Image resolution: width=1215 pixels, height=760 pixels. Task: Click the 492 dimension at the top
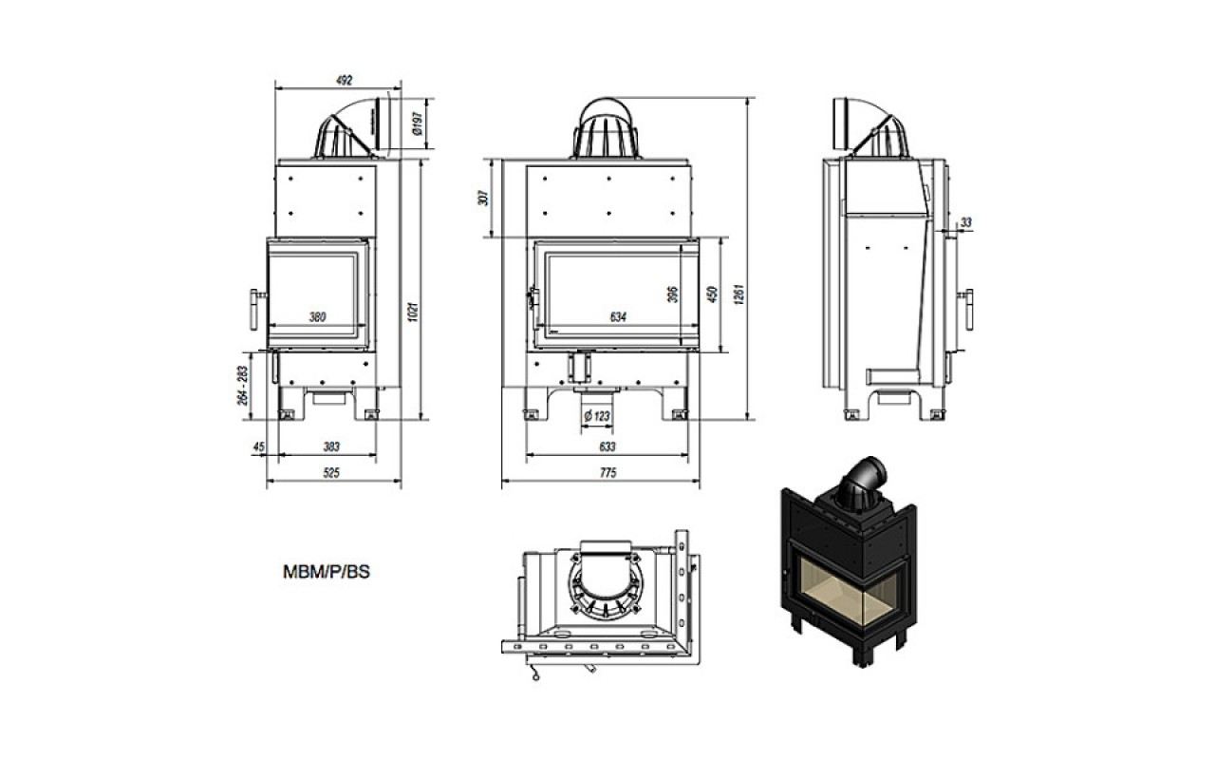pos(345,81)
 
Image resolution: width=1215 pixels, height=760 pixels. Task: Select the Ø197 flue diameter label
pos(417,123)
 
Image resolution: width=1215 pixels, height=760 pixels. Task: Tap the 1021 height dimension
pos(413,312)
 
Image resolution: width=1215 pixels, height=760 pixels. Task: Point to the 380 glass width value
pos(317,316)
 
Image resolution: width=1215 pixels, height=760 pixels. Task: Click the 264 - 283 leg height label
pos(242,386)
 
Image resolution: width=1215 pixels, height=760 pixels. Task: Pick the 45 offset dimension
pos(259,446)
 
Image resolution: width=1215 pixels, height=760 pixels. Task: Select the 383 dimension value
pos(331,446)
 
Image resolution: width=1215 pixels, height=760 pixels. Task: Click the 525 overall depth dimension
pos(331,473)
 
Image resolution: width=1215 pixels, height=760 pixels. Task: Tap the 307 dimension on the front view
pos(483,198)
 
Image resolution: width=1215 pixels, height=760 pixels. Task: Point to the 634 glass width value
pos(618,316)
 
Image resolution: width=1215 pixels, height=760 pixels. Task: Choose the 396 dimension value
pos(673,294)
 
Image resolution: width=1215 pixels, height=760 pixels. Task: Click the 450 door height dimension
pos(713,294)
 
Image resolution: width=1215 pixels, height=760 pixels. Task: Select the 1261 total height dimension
pos(738,294)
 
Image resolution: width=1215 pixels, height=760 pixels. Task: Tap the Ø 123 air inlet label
pos(597,416)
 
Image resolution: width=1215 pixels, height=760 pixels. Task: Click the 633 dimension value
pos(607,446)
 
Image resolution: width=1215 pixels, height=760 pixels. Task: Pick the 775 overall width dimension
pos(608,473)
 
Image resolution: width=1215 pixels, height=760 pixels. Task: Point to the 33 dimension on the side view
pos(966,222)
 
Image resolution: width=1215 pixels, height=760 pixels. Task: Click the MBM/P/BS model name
pos(327,572)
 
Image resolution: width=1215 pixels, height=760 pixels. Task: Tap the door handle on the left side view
pos(256,310)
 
